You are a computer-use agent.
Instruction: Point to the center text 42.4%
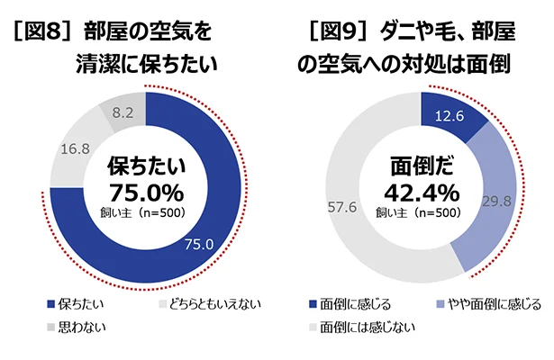click(x=422, y=193)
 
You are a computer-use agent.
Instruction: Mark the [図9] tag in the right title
click(x=335, y=32)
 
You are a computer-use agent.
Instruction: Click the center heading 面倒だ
click(x=422, y=166)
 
